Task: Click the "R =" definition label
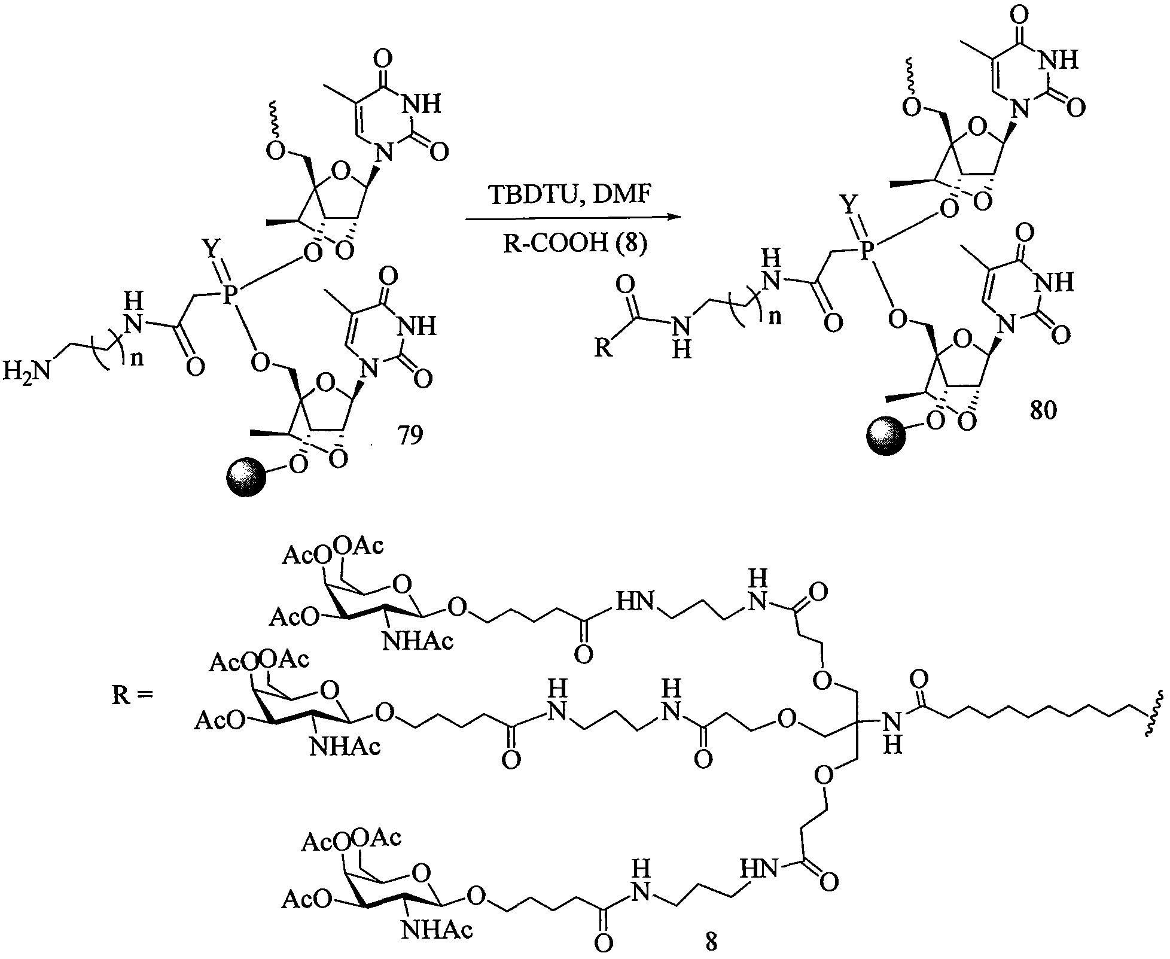click(133, 696)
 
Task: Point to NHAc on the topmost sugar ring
click(418, 641)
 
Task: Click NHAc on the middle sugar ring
click(345, 747)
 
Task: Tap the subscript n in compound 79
click(136, 358)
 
